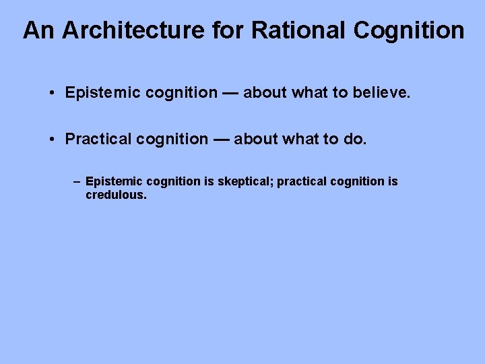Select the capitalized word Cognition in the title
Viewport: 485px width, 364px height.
pos(409,30)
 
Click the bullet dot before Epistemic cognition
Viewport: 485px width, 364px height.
pos(52,93)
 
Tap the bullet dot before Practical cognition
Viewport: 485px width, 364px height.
pos(52,140)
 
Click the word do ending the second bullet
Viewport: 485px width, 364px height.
pos(354,140)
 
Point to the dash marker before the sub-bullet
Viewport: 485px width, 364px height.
pos(77,182)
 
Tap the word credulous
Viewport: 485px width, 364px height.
pos(116,195)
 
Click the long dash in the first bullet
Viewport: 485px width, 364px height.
pos(230,93)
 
